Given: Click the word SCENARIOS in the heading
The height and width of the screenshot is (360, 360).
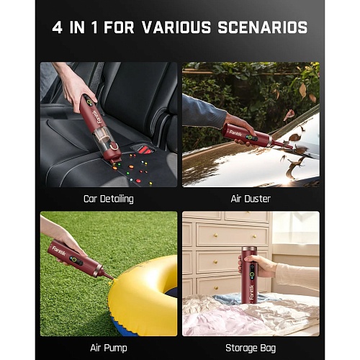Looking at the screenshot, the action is [263, 27].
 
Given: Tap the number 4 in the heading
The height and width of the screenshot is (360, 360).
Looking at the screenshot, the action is [57, 27].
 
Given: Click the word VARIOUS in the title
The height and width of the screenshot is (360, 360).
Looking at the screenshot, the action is [176, 27].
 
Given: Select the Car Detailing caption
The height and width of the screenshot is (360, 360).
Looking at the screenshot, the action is [109, 199].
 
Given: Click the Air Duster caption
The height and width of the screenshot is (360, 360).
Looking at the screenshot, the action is [251, 199].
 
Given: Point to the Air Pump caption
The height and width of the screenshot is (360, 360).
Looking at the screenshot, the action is [109, 348].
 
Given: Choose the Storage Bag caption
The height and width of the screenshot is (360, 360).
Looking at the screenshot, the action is [251, 348].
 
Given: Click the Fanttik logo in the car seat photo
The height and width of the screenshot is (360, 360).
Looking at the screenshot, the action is [98, 117].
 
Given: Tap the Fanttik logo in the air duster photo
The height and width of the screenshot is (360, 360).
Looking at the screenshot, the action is [235, 132].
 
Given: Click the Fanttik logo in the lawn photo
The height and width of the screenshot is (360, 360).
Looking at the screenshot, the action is [59, 251].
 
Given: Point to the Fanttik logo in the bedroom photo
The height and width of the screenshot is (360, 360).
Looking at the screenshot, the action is [251, 292].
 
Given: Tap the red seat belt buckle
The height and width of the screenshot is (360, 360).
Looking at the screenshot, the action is [144, 149].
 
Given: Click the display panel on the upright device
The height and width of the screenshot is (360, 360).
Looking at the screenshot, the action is [252, 271].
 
